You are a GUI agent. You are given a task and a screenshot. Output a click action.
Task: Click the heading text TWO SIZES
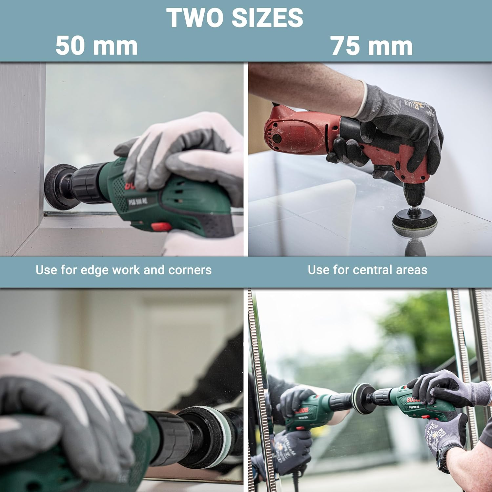click(x=235, y=18)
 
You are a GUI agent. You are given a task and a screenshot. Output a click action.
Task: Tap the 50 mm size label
click(x=96, y=46)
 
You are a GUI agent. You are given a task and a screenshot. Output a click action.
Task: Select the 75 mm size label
click(x=372, y=46)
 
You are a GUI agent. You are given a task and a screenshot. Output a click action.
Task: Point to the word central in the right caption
click(x=367, y=270)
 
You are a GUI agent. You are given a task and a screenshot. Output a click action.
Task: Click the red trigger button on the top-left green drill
click(x=161, y=226)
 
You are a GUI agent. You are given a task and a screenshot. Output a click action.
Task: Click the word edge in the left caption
click(x=94, y=270)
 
